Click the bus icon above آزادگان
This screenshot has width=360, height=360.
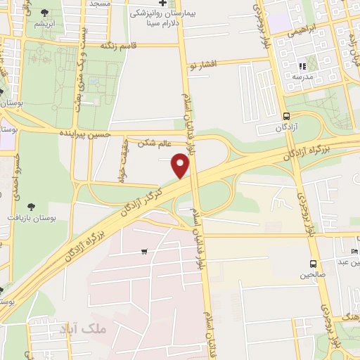click(285, 117)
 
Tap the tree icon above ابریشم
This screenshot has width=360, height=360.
click(45, 13)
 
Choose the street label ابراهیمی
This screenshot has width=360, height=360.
click(312, 30)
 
